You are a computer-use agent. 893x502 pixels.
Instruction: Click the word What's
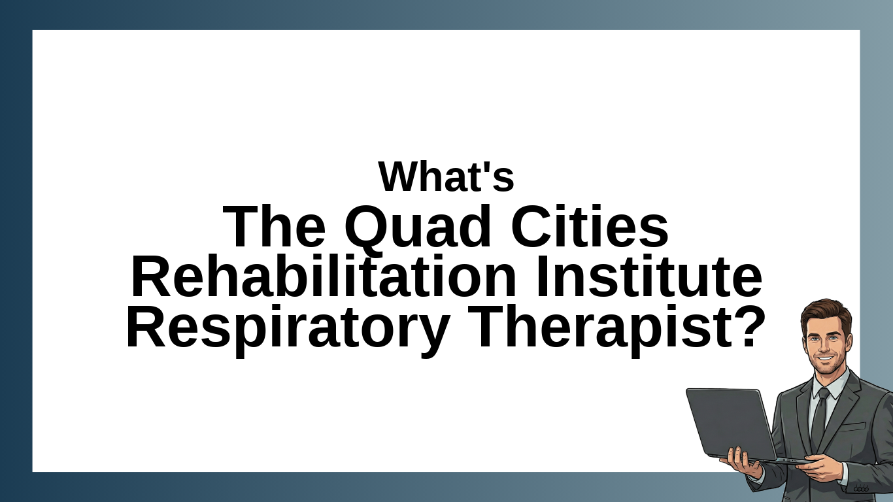coord(446,176)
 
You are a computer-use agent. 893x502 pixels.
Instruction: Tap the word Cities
coord(590,226)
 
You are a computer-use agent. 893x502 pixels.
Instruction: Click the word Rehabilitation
coord(324,276)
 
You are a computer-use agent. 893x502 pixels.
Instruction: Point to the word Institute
coord(649,276)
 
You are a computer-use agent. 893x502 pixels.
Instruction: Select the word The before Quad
coord(274,226)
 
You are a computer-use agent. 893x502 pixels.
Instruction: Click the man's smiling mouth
coord(826,358)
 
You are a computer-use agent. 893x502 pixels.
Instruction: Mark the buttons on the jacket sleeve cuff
coord(861,489)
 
